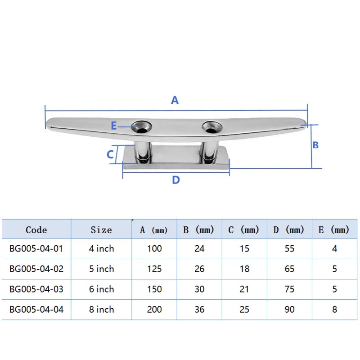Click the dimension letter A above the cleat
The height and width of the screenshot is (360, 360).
coord(175,100)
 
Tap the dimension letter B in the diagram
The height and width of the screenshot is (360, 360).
coord(315,145)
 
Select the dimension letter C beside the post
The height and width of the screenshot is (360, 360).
coord(110,154)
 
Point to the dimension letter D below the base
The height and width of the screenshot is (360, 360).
coord(176,180)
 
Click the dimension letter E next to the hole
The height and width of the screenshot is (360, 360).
coord(114,126)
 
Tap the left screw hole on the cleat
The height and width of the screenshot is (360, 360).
coord(142,127)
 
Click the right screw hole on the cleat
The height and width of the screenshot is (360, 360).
coord(212,127)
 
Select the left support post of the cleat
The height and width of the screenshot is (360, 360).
coord(143,152)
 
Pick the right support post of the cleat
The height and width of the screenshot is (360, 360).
coord(209,152)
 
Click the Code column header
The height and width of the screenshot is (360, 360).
coord(36,230)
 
